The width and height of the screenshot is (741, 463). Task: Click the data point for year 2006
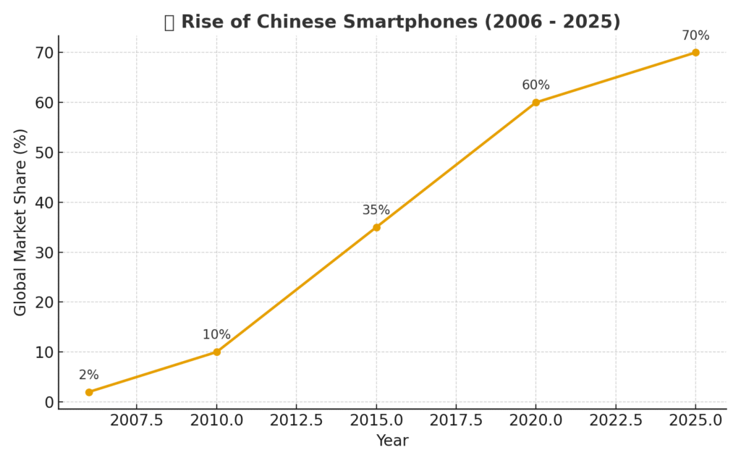click(89, 392)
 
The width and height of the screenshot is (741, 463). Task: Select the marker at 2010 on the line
click(216, 352)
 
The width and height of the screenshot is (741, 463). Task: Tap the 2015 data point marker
click(376, 227)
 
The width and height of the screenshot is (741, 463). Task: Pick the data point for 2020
click(535, 103)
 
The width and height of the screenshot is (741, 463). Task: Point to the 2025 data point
click(695, 52)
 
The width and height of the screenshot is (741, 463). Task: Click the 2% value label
click(89, 375)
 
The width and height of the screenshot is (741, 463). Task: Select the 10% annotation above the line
click(216, 335)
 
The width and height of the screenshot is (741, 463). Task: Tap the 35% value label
click(376, 211)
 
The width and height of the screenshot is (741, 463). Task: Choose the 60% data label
click(535, 85)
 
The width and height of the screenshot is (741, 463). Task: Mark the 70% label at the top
click(695, 35)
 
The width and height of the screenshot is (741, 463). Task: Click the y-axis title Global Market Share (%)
click(20, 222)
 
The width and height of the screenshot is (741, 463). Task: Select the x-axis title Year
click(392, 441)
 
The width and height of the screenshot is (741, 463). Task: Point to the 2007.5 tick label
click(137, 420)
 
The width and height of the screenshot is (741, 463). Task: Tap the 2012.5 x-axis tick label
click(297, 420)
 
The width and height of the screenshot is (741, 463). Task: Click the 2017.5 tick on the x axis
click(456, 420)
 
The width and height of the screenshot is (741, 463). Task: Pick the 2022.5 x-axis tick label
click(616, 420)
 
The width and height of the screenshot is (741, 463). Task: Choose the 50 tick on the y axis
click(44, 153)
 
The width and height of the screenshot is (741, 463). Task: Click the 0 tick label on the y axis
click(49, 402)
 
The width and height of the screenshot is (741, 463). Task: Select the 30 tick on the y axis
click(44, 252)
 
